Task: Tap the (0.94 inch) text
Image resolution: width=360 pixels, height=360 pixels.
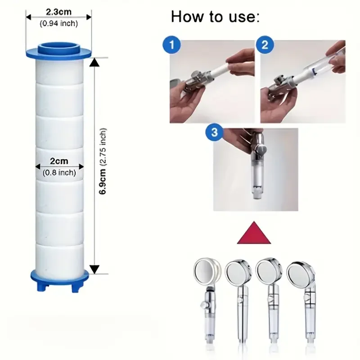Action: pos(59,24)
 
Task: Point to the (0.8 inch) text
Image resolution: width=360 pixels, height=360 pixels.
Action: pos(59,172)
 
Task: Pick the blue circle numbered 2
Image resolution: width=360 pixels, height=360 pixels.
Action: pos(265,45)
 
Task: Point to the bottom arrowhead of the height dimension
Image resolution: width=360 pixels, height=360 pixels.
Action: pos(94,269)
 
